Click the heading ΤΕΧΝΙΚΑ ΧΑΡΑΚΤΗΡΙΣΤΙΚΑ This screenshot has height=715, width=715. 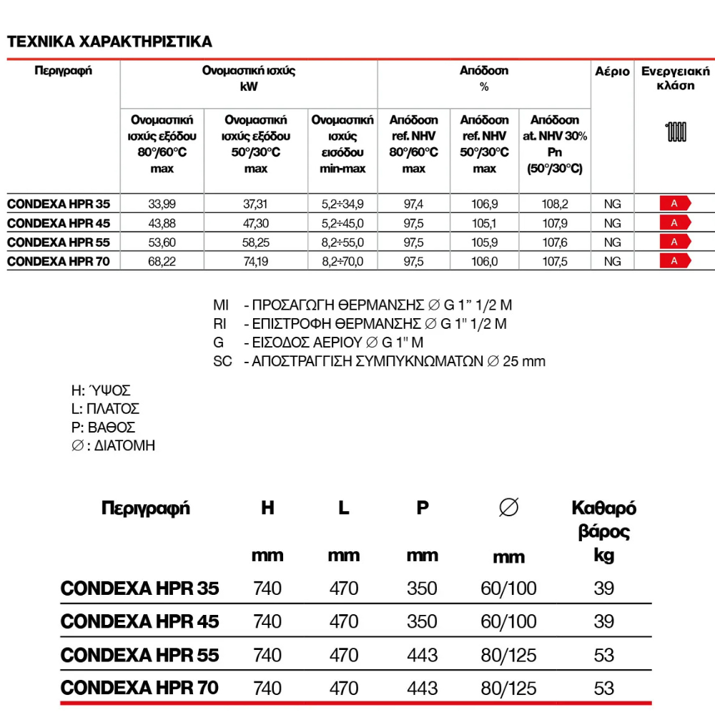coord(109,41)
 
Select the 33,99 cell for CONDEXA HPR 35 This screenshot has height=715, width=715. coord(162,204)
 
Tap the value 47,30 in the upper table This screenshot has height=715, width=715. coord(255,223)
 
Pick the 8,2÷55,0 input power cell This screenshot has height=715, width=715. coord(342,242)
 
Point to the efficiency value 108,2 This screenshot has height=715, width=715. coord(555,204)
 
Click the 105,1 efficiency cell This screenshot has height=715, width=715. coord(484,223)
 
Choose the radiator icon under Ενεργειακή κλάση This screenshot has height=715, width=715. coord(676,132)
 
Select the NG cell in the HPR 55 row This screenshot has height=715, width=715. coord(612,242)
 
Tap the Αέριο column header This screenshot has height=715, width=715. coord(612,71)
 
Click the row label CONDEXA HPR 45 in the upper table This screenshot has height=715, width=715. coord(59,223)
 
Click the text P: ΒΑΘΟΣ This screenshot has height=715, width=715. coord(99,428)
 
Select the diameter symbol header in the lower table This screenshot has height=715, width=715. coord(508,508)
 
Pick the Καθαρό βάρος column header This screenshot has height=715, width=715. coord(603,520)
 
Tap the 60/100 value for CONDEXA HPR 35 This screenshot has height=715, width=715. coord(508,588)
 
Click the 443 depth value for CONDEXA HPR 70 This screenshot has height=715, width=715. coord(422,688)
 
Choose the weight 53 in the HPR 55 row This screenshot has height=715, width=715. coord(603,655)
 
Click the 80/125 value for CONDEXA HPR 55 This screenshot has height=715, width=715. coord(508,655)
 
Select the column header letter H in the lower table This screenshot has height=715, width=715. coord(267,508)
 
